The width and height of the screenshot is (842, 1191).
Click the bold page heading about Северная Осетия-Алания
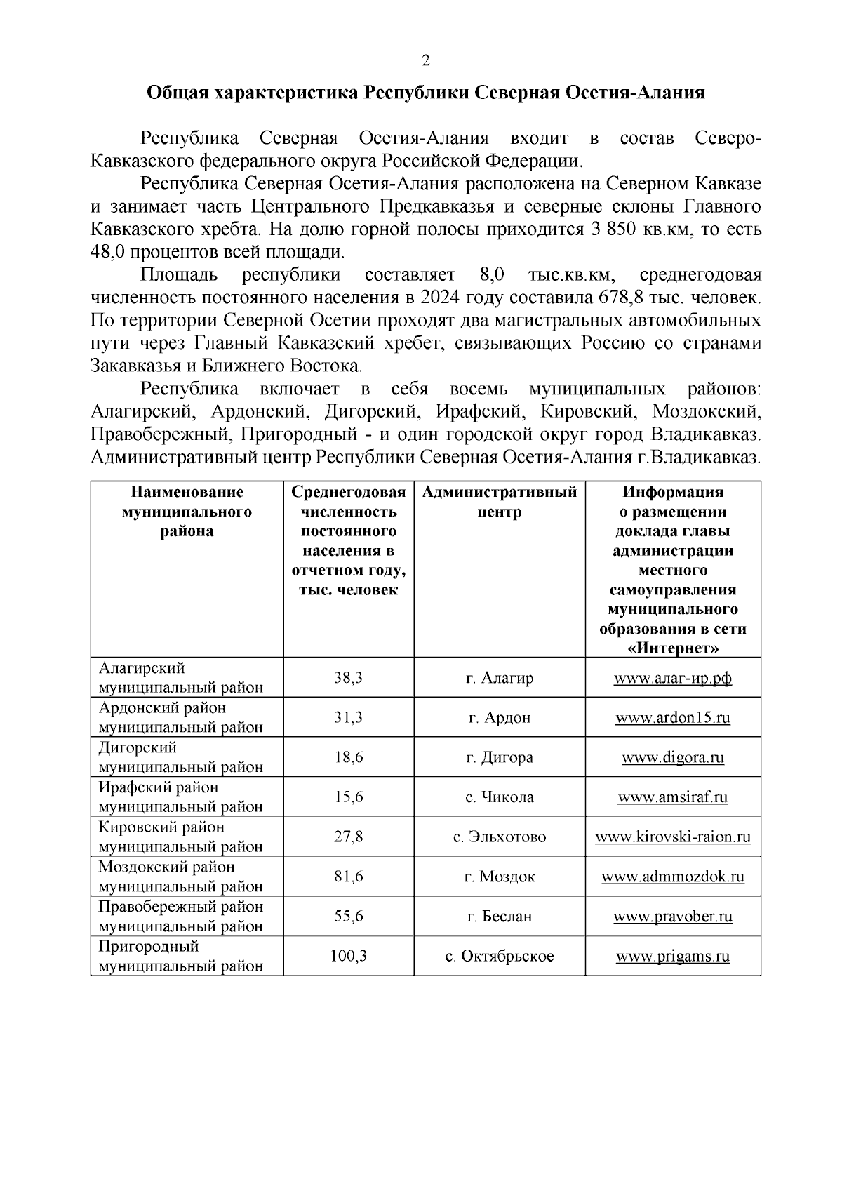pyautogui.click(x=425, y=93)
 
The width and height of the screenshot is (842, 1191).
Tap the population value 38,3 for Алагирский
pyautogui.click(x=348, y=678)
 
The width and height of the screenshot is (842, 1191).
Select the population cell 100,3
pyautogui.click(x=348, y=956)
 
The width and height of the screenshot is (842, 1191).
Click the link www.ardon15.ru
pyautogui.click(x=673, y=718)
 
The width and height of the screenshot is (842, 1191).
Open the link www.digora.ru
pyautogui.click(x=673, y=758)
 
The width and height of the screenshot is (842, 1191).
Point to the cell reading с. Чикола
pyautogui.click(x=500, y=797)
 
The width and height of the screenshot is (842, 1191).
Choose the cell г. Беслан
pyautogui.click(x=500, y=917)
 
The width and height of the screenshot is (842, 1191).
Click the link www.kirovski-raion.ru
pyautogui.click(x=673, y=837)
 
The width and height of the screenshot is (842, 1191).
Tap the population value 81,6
pyautogui.click(x=348, y=877)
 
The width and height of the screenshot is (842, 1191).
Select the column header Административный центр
pyautogui.click(x=500, y=502)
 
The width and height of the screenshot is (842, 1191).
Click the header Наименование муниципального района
pyautogui.click(x=187, y=512)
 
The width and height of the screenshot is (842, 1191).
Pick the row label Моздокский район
pyautogui.click(x=167, y=867)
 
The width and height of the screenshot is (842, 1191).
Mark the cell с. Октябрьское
pyautogui.click(x=500, y=956)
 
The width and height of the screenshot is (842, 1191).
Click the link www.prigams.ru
pyautogui.click(x=673, y=957)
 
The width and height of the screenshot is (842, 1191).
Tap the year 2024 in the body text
pyautogui.click(x=440, y=298)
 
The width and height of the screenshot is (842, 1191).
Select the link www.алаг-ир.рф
pyautogui.click(x=673, y=679)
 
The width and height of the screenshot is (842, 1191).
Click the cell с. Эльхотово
pyautogui.click(x=500, y=837)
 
